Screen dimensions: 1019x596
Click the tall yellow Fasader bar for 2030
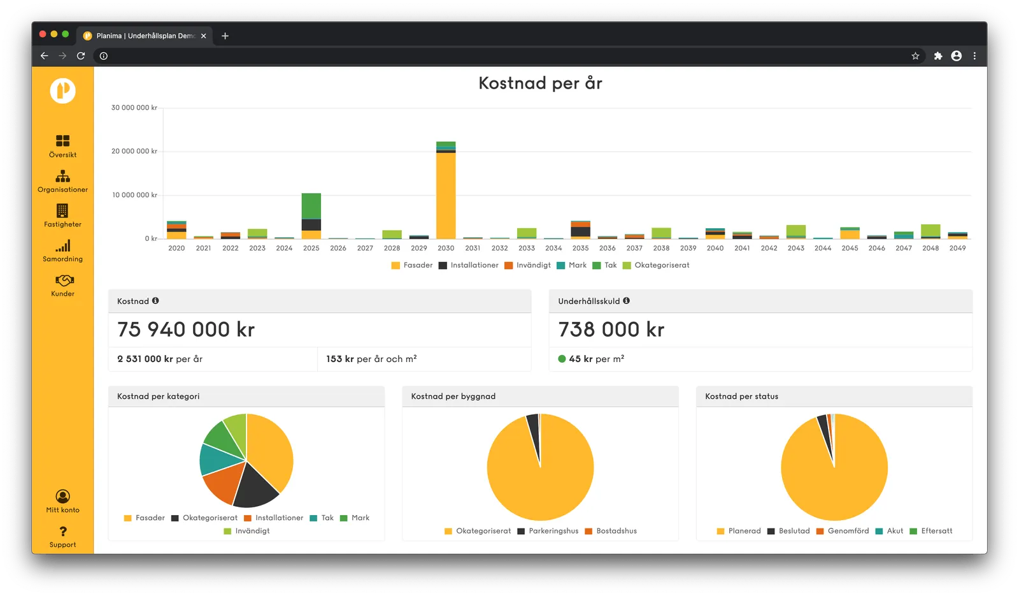(445, 195)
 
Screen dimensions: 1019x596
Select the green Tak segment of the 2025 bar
(311, 207)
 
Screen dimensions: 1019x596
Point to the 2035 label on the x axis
(580, 248)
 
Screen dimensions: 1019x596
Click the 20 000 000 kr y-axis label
(134, 151)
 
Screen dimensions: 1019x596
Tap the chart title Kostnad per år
(540, 83)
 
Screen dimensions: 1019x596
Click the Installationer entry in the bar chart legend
(469, 265)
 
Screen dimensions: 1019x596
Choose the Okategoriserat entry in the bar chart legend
(656, 265)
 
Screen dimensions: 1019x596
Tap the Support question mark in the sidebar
(63, 532)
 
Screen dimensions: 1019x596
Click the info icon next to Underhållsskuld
(627, 300)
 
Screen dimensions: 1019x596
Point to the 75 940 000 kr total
(185, 329)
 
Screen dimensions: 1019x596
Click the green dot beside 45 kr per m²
(562, 359)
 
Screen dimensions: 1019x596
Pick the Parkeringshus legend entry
(548, 531)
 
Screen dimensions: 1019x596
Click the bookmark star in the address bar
(915, 56)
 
